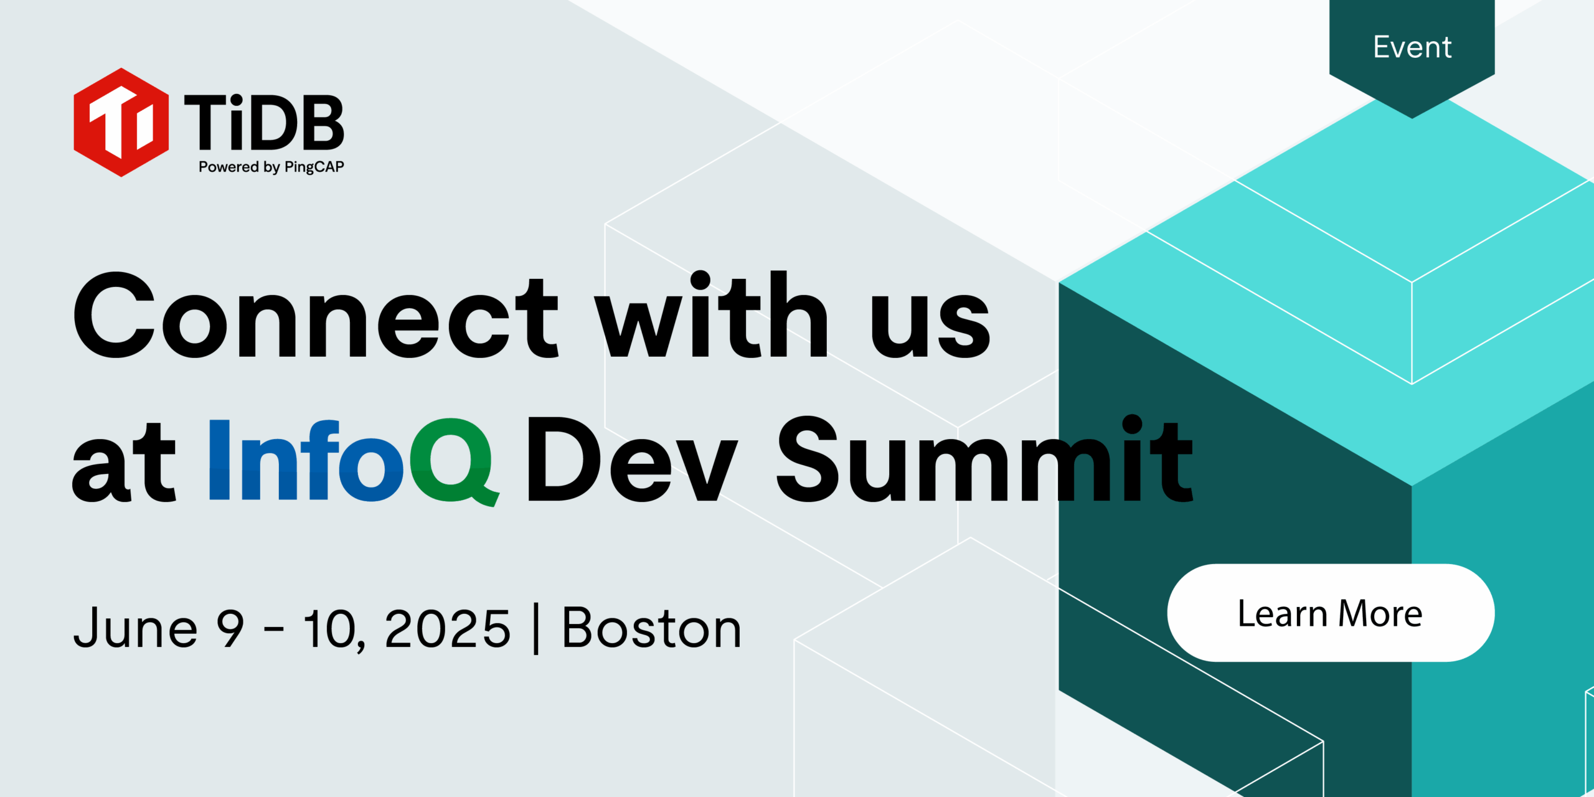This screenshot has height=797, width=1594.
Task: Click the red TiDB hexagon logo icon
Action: pyautogui.click(x=121, y=122)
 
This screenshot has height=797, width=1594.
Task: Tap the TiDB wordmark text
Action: pyautogui.click(x=264, y=123)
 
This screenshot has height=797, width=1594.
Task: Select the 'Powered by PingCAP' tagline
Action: pyautogui.click(x=271, y=167)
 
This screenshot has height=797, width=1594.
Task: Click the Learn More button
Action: pyautogui.click(x=1331, y=613)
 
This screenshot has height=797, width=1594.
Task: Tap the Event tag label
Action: pyautogui.click(x=1412, y=47)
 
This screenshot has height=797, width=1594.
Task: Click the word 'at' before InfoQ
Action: pyautogui.click(x=124, y=464)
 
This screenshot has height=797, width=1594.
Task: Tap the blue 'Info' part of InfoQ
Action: pyautogui.click(x=305, y=461)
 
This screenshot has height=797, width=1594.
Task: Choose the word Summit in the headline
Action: pyautogui.click(x=984, y=461)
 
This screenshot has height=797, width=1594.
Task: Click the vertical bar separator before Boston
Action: pyautogui.click(x=536, y=629)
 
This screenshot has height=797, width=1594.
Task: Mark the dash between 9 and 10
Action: pyautogui.click(x=274, y=630)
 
